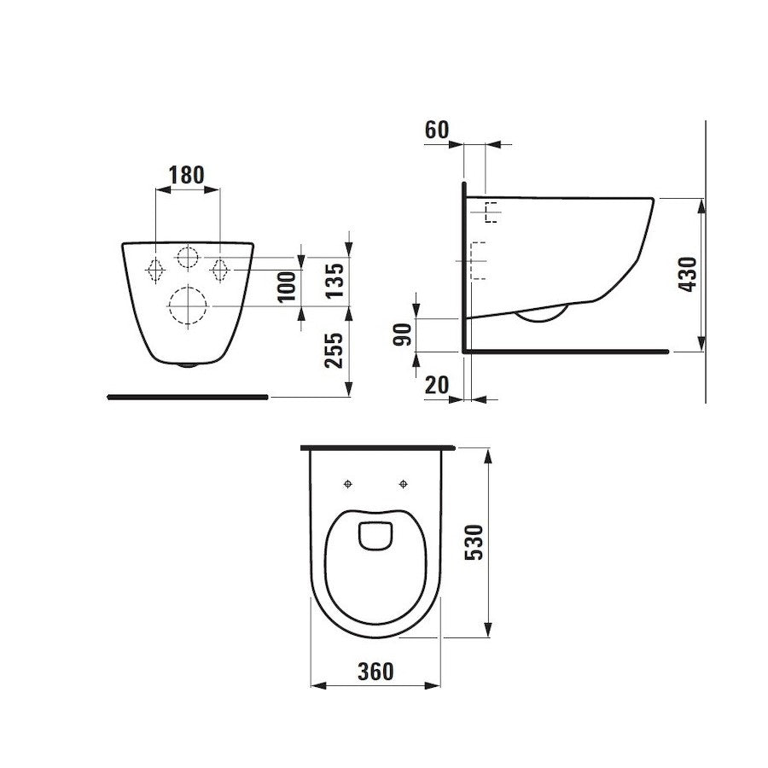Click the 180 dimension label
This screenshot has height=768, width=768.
pos(187,175)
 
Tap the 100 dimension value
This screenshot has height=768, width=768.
pos(288,286)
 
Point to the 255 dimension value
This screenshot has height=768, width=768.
pos(335,350)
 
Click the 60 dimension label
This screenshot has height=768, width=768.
pos(436,131)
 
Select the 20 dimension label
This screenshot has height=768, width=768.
pos(436,386)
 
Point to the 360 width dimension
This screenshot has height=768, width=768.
pos(375,672)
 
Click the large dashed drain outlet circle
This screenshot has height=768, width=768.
pos(188,305)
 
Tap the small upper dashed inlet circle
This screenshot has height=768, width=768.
pos(188,255)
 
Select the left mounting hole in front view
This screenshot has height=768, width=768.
pos(155,269)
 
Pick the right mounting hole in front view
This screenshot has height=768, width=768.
pos(219,269)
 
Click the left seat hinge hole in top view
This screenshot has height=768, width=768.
pos(347,484)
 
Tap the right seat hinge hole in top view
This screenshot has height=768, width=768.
pos(403,484)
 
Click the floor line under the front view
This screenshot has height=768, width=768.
pos(188,397)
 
